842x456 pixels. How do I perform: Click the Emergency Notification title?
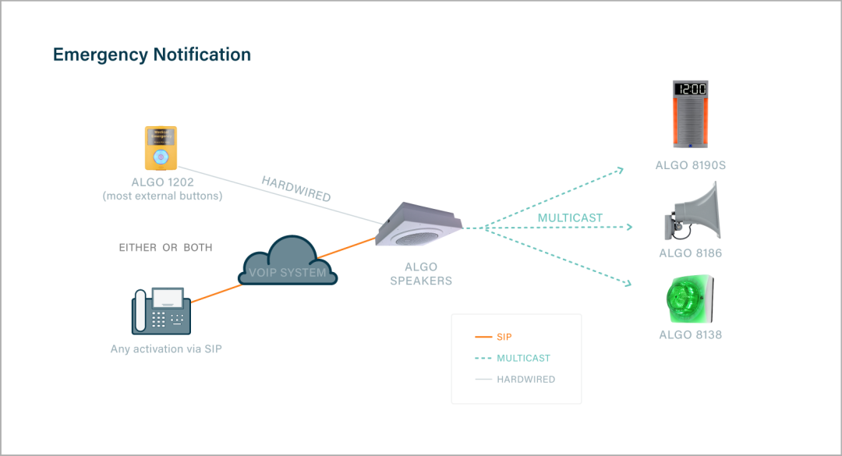(152, 55)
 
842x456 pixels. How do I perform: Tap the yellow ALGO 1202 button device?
(161, 147)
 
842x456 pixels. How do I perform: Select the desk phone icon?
(161, 311)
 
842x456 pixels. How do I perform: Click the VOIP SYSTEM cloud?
(288, 262)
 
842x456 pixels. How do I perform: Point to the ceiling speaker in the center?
(419, 225)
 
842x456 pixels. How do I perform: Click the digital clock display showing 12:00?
(690, 90)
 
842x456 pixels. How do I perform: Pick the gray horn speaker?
(693, 213)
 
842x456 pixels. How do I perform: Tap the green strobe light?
(689, 299)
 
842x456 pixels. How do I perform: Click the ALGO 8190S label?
(690, 165)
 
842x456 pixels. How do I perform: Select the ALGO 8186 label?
(690, 253)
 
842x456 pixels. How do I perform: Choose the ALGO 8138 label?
(690, 335)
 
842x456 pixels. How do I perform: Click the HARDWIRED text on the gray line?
(296, 189)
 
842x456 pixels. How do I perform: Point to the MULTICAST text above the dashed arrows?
(570, 217)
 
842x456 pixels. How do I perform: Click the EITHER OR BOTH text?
(165, 248)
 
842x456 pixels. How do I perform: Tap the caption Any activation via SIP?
(166, 349)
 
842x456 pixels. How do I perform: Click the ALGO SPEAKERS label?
(421, 274)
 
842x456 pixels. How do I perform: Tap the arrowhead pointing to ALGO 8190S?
(621, 168)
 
